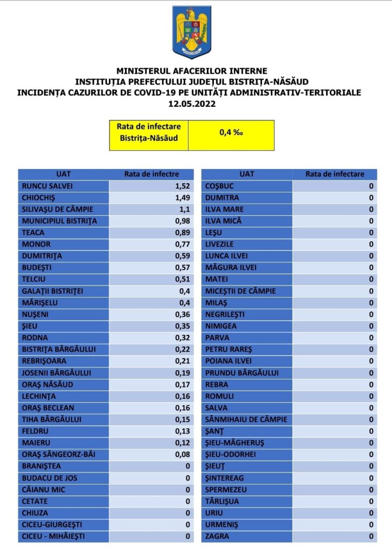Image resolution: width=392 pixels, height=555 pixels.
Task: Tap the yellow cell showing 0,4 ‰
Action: pyautogui.click(x=231, y=132)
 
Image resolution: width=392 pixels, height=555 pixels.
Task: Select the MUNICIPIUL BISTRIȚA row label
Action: pyautogui.click(x=60, y=221)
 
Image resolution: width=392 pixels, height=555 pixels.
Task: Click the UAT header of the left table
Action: pyautogui.click(x=63, y=174)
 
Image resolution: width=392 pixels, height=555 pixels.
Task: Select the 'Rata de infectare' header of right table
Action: pyautogui.click(x=335, y=174)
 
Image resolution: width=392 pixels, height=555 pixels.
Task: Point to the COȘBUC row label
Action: pyautogui.click(x=219, y=186)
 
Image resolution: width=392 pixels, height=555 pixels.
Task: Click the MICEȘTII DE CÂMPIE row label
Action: pyautogui.click(x=241, y=291)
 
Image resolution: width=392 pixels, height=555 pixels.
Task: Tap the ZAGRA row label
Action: pyautogui.click(x=217, y=536)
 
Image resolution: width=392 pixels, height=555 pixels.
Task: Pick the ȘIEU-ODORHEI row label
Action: pyautogui.click(x=231, y=454)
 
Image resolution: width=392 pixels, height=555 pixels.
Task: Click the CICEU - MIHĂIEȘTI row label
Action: pyautogui.click(x=54, y=536)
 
